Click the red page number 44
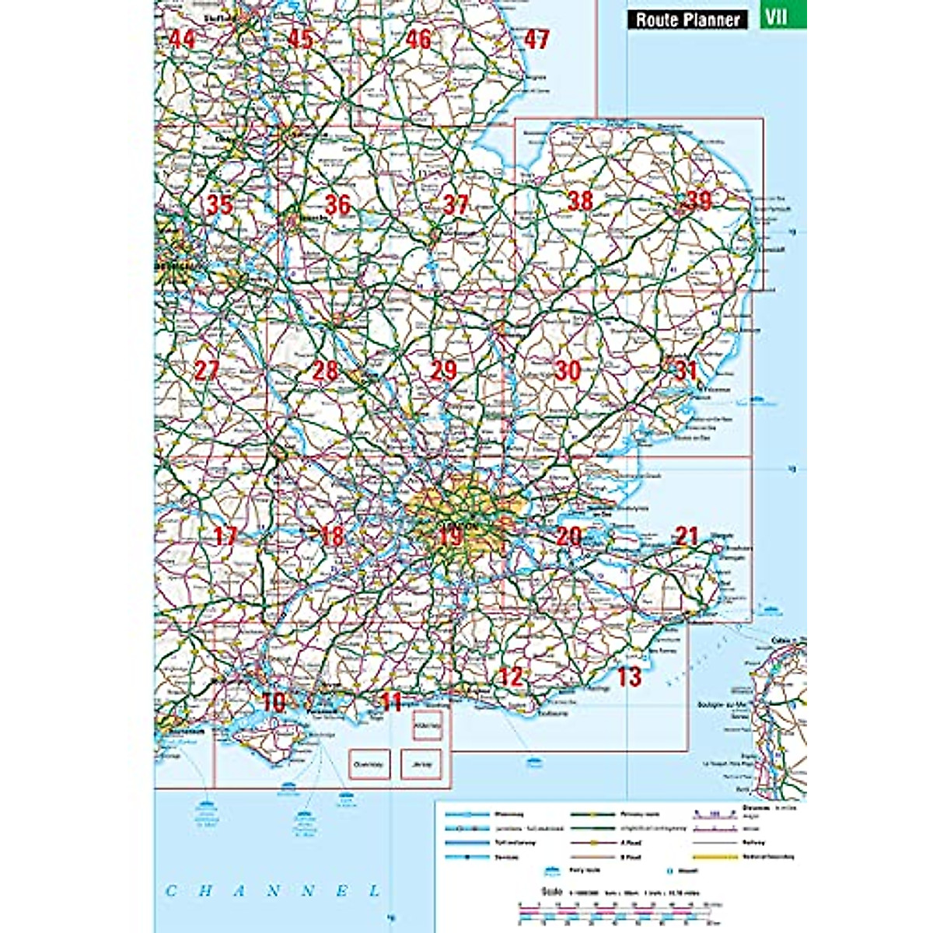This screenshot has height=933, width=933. tap(182, 38)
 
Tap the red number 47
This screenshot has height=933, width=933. tap(536, 39)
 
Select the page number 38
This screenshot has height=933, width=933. tap(580, 201)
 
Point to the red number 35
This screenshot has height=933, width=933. tap(220, 204)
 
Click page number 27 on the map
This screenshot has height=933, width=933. tap(206, 370)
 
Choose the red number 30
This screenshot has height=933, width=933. tap(568, 371)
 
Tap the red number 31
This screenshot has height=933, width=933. tap(685, 370)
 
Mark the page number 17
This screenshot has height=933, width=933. tap(225, 536)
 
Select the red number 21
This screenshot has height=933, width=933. tap(687, 536)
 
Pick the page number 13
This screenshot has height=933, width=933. tap(629, 677)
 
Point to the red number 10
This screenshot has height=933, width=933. tap(274, 703)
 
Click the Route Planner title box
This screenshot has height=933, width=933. tap(687, 19)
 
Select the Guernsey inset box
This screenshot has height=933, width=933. tap(369, 764)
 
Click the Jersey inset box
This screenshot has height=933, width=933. tap(421, 764)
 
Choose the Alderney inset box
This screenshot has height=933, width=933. tap(428, 725)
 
